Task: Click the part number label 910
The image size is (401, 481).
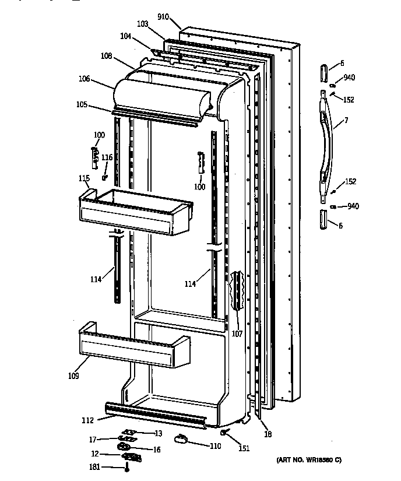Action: pos(163,17)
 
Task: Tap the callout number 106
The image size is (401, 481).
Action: pos(85,78)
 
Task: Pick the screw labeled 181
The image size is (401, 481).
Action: pos(126,467)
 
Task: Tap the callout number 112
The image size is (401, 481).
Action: pos(88,419)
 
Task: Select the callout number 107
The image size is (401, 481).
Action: pos(237,335)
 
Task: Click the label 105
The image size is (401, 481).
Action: pos(82,105)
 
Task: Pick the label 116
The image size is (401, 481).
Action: pos(107,157)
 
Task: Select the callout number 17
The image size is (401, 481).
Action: pos(92,440)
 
